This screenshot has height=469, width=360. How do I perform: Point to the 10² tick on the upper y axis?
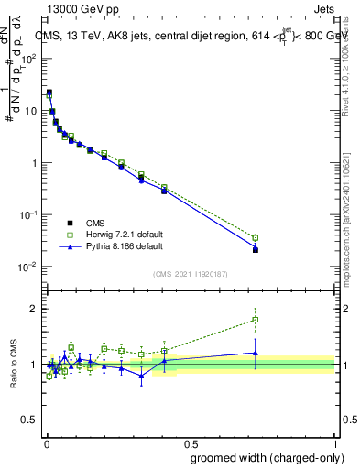[31, 58]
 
